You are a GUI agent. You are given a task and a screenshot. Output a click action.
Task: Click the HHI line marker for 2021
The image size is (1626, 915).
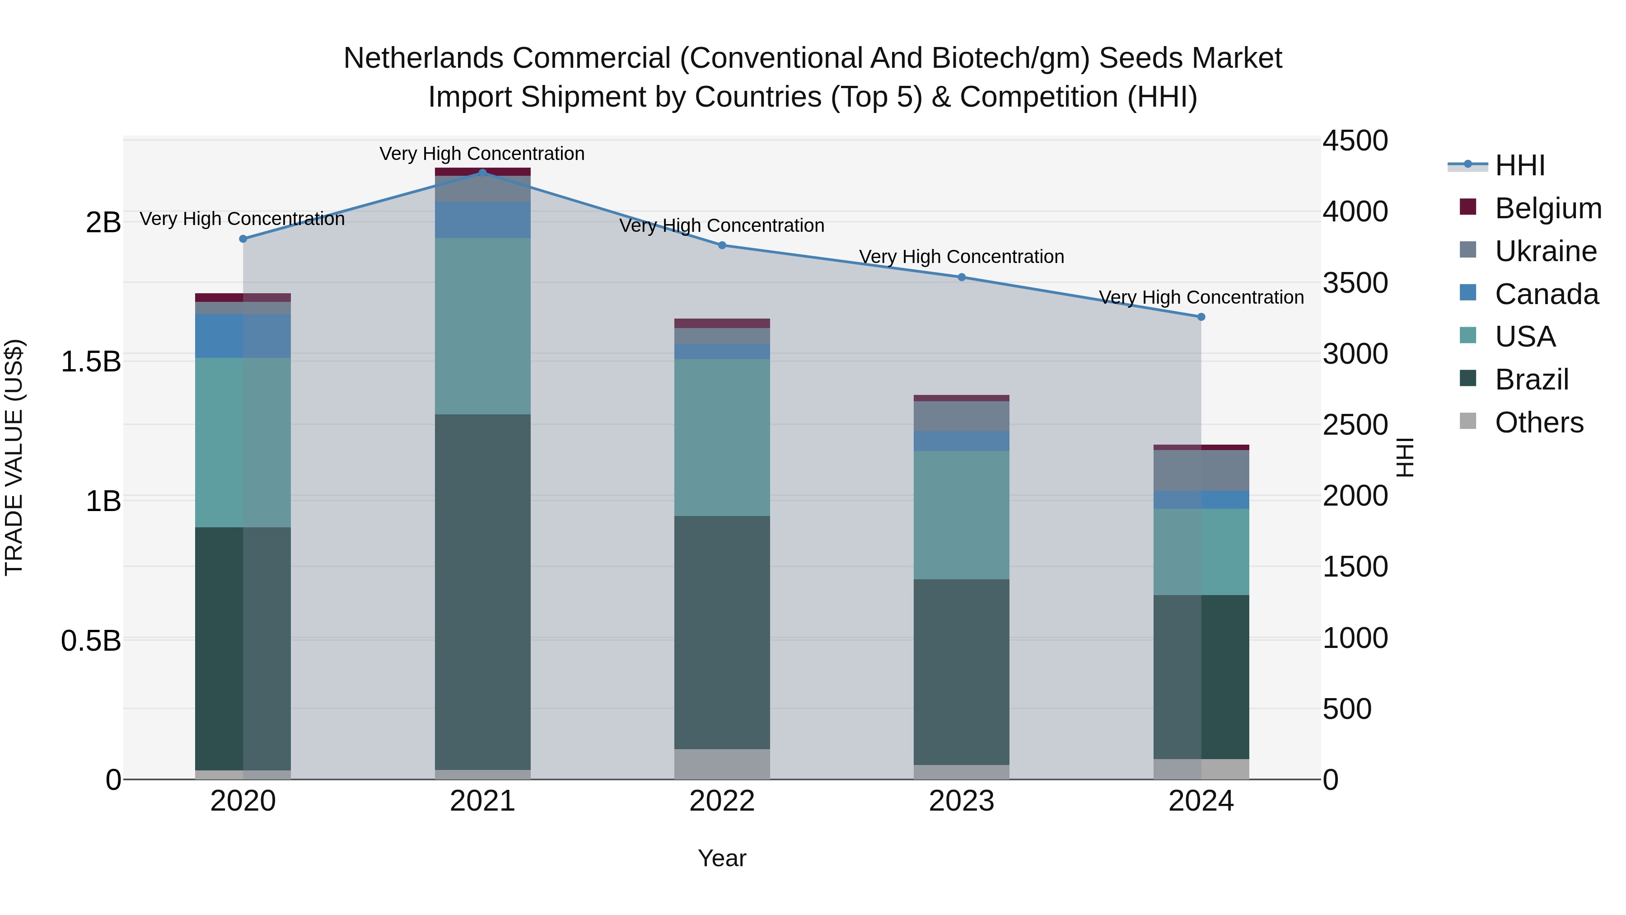(x=482, y=173)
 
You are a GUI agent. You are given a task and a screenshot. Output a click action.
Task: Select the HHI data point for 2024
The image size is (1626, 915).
(x=1201, y=317)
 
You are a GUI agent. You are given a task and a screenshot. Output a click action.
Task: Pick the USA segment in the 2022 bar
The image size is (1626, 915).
(x=722, y=437)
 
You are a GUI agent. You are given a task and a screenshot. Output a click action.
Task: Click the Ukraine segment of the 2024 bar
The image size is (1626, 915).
(x=1201, y=470)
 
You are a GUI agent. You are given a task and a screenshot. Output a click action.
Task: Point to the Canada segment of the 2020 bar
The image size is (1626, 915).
(x=243, y=336)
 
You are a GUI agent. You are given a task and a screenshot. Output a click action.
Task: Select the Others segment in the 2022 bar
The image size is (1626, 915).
(x=722, y=764)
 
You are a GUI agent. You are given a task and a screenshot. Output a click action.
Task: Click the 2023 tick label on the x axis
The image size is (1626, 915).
(x=961, y=801)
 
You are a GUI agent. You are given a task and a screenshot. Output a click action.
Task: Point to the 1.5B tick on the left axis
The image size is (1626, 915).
(x=90, y=362)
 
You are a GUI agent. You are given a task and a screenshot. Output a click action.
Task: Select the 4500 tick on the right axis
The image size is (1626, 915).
(x=1355, y=141)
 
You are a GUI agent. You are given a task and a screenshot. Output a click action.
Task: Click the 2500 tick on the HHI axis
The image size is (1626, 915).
(x=1355, y=425)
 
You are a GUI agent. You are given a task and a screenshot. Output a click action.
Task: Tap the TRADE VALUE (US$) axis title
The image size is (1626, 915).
(x=14, y=457)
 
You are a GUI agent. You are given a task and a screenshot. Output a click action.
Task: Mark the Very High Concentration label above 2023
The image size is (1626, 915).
(x=961, y=257)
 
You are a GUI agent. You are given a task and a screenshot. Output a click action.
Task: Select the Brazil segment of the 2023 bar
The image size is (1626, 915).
(x=961, y=672)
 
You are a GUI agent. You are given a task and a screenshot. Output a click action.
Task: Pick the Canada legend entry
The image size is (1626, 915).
(x=1546, y=294)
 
